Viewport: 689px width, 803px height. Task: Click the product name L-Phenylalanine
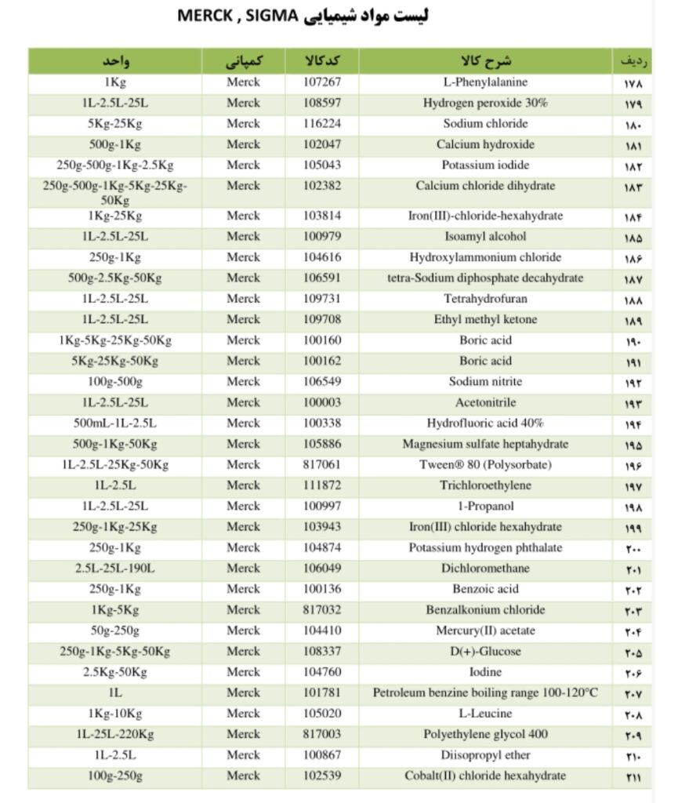point(485,82)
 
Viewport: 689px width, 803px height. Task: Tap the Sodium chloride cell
point(485,124)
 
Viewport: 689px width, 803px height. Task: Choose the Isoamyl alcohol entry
point(485,237)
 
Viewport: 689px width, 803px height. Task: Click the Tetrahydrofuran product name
point(485,299)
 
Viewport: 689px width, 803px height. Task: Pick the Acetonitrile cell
point(485,402)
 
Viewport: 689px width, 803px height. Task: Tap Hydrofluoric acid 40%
point(485,423)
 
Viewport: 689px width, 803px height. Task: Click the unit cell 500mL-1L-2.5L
point(115,423)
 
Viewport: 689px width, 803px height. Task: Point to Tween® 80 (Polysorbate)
point(485,465)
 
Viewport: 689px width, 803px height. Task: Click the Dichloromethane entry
point(485,569)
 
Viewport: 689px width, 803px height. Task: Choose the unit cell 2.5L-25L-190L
point(115,569)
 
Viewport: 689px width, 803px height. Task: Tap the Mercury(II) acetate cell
point(485,630)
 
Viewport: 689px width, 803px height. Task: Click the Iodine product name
point(485,672)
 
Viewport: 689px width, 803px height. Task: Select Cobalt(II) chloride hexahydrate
point(485,776)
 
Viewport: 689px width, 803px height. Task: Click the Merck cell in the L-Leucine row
point(243,714)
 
